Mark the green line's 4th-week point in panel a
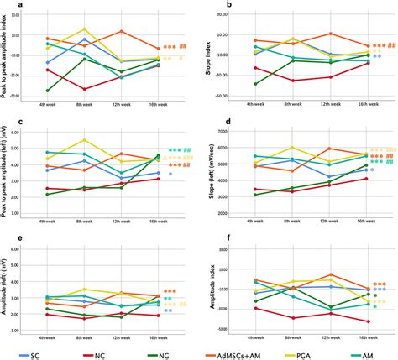[48, 90]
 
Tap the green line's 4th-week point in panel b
[254, 84]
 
